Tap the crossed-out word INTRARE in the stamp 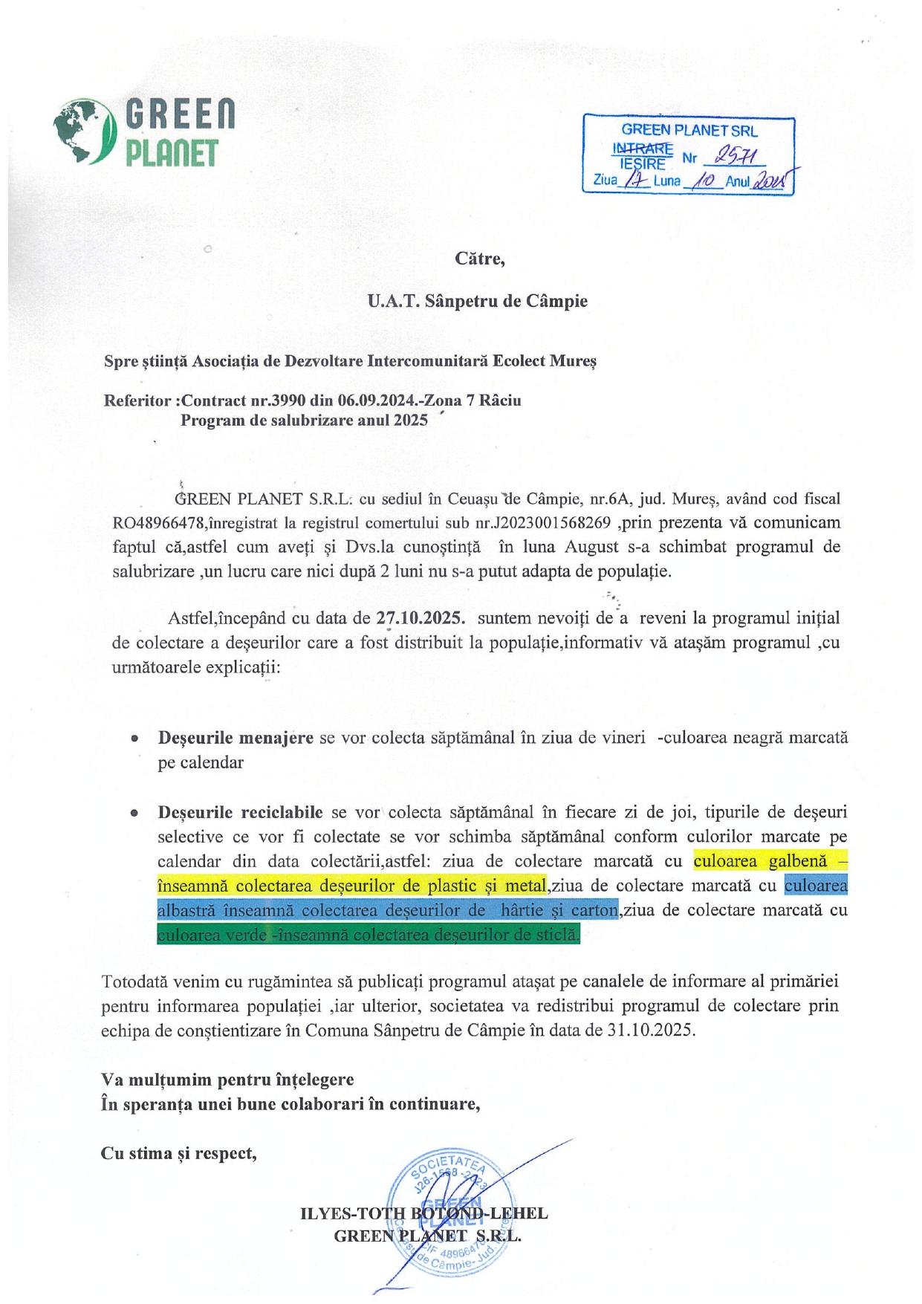[x=642, y=146]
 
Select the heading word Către [x=479, y=259]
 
